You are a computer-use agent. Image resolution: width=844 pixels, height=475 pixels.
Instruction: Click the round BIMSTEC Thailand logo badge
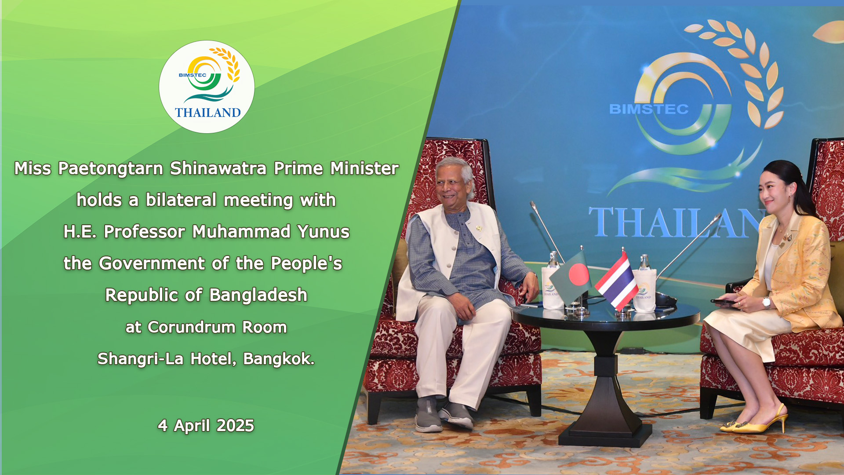[207, 87]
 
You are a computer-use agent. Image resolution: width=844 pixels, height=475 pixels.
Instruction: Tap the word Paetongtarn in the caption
[110, 168]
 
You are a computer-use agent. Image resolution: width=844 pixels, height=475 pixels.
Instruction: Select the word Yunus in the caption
[323, 231]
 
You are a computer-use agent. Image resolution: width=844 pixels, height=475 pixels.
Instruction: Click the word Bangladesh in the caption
[258, 295]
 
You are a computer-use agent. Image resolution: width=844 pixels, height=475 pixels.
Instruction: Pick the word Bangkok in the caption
[279, 358]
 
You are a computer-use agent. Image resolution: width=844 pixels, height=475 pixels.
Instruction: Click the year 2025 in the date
[235, 425]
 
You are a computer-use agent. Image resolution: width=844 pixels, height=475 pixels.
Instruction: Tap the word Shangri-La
[140, 359]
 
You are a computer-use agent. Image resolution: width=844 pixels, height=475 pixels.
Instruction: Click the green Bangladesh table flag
[570, 276]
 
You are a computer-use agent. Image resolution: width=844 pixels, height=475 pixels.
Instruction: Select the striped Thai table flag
[617, 281]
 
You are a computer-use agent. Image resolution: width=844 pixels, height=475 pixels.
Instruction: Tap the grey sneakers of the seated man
[443, 413]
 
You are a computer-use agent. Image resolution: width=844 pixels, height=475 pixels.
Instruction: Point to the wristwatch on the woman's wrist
[766, 302]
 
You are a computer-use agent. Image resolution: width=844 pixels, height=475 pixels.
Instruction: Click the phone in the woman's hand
[724, 302]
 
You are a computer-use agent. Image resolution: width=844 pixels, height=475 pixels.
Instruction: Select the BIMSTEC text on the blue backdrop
[649, 109]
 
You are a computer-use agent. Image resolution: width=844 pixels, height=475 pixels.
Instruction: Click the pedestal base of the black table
[605, 433]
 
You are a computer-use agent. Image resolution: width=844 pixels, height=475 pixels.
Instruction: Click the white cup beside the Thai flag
[644, 290]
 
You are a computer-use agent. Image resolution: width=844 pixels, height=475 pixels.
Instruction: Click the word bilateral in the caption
[181, 200]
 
